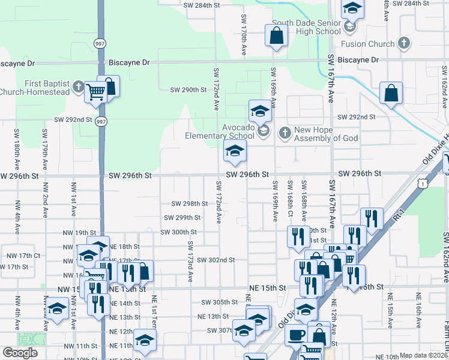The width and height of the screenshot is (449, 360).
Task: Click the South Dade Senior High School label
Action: coord(306,28)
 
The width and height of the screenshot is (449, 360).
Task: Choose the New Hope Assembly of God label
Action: coord(327,134)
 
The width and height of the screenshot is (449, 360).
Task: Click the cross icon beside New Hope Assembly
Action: coord(285,131)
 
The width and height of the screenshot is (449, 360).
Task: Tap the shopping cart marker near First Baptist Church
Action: coord(95,93)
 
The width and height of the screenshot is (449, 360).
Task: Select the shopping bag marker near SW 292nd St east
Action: coord(391,94)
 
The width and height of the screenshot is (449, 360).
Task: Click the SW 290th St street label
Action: coord(188,90)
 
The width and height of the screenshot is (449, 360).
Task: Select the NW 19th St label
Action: coord(82,233)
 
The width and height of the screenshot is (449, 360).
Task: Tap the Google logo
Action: coord(20,353)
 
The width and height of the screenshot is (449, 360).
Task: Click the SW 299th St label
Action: coord(182,218)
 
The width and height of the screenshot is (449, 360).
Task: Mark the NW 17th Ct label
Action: coord(21,256)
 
